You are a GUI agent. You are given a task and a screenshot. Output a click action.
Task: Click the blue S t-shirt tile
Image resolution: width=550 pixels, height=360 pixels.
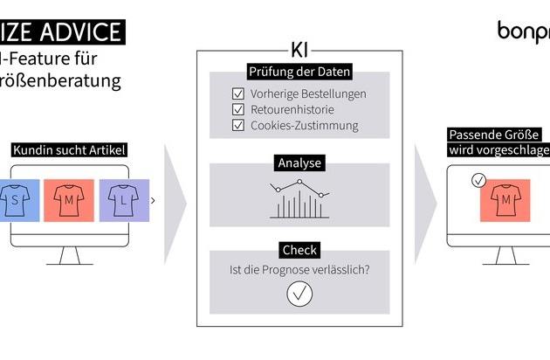[17, 200]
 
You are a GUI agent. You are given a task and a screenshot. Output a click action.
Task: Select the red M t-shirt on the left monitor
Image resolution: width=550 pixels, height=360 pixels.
[68, 200]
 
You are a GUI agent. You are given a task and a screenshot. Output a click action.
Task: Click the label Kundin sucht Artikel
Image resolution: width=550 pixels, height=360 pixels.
[69, 150]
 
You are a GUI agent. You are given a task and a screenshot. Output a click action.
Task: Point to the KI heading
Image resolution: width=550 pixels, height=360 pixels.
[299, 49]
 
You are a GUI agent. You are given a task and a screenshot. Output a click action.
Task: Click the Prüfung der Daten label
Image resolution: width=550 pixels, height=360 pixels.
[299, 72]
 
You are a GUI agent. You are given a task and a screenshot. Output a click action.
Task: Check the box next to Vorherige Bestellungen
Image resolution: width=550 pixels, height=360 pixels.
[237, 93]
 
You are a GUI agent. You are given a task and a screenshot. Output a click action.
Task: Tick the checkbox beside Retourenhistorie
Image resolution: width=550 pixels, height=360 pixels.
[237, 109]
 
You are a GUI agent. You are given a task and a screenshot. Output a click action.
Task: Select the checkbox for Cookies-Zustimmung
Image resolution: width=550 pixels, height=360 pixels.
[237, 125]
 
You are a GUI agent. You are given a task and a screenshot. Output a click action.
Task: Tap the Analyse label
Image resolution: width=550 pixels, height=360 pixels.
[299, 163]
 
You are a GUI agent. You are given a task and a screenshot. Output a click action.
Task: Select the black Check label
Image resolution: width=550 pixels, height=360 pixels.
[299, 250]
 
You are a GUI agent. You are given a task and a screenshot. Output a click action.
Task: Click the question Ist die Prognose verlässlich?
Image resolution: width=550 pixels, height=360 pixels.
[299, 270]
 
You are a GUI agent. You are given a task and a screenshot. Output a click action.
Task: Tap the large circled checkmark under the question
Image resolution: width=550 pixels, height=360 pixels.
[299, 295]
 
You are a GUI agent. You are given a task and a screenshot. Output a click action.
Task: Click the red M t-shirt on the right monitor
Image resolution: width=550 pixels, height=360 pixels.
[505, 200]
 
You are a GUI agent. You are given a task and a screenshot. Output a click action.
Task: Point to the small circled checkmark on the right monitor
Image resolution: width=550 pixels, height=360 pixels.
[477, 181]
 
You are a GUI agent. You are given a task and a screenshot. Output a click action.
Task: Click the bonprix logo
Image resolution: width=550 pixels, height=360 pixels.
[524, 31]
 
